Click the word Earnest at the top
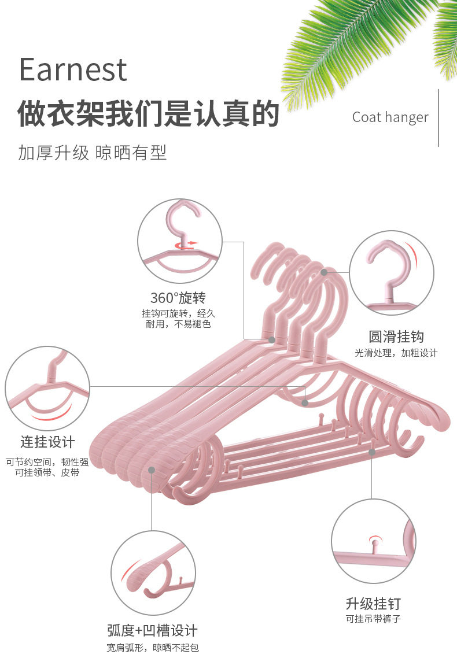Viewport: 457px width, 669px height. point(73,69)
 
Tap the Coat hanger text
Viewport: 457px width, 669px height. point(390,117)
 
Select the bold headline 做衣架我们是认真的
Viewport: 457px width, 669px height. point(148,113)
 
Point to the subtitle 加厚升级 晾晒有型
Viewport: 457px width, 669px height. point(93,153)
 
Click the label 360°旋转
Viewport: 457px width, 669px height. point(178,298)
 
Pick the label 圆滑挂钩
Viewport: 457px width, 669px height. point(396,337)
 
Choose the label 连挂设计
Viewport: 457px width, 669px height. point(48,442)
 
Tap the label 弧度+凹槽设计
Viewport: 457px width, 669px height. point(152,630)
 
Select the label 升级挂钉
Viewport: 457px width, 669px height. point(373,604)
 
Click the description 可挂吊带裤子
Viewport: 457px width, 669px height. point(373,619)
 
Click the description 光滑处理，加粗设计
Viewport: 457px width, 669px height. point(396,353)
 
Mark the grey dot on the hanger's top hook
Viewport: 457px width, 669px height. point(324,272)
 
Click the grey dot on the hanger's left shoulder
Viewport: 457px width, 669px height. point(152,471)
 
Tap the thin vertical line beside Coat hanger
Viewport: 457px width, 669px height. point(438,117)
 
